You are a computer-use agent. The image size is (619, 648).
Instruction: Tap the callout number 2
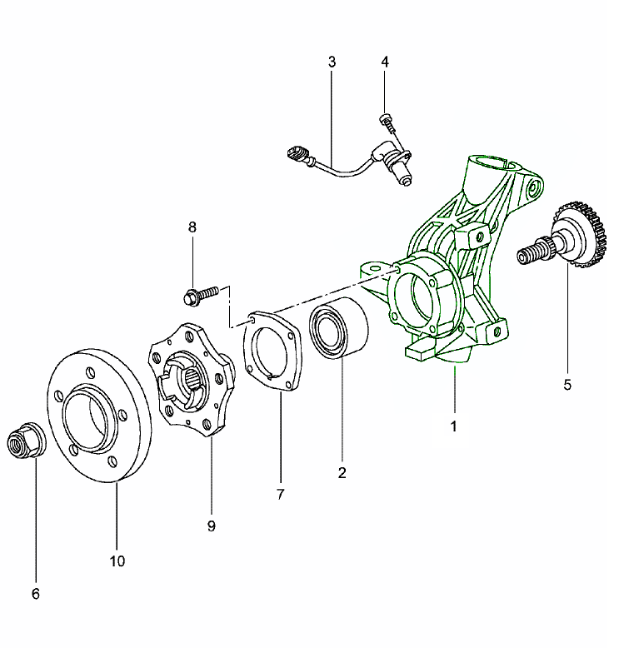pyautogui.click(x=342, y=473)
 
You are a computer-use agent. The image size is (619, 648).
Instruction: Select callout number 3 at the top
pyautogui.click(x=332, y=62)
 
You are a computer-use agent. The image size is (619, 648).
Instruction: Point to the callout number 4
pyautogui.click(x=385, y=62)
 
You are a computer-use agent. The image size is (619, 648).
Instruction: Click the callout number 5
pyautogui.click(x=568, y=385)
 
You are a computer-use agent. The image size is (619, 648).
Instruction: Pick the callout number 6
pyautogui.click(x=35, y=594)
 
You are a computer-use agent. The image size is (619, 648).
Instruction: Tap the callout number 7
pyautogui.click(x=280, y=494)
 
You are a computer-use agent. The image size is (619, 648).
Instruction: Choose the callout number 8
pyautogui.click(x=192, y=227)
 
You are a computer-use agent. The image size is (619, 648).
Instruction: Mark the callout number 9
pyautogui.click(x=212, y=526)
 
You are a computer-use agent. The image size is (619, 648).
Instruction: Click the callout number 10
pyautogui.click(x=117, y=561)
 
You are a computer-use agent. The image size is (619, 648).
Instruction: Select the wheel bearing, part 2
pyautogui.click(x=339, y=331)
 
